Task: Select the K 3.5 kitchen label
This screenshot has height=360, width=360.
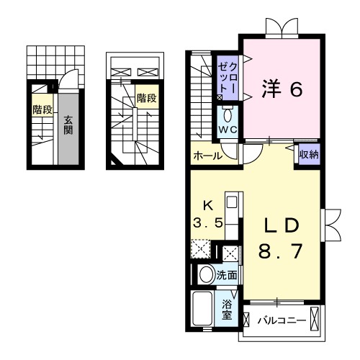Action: click(208, 212)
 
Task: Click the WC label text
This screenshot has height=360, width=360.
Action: click(228, 128)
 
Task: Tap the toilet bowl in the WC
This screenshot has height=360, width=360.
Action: click(228, 114)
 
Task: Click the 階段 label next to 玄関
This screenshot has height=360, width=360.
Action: click(41, 110)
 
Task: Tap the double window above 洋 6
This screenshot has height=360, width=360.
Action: click(279, 28)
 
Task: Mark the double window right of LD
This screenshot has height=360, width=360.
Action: click(333, 225)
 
